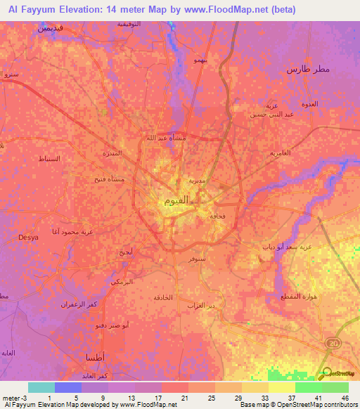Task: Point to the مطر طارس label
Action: click(308, 70)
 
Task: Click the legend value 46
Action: click(345, 397)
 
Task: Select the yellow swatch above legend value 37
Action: click(281, 387)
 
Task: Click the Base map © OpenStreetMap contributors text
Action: click(297, 405)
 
